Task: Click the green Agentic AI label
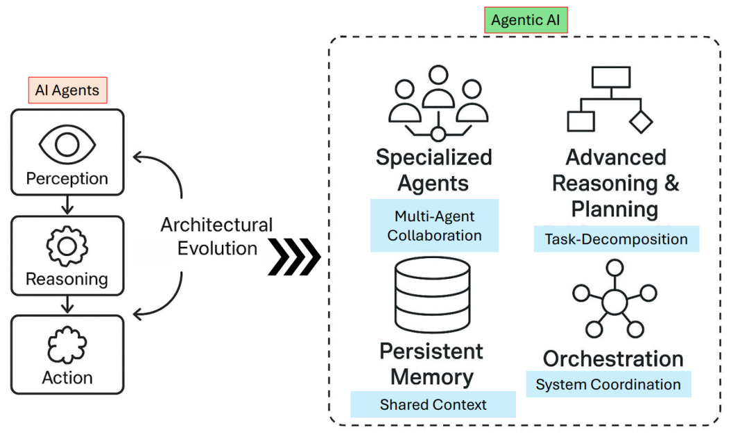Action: tap(526, 20)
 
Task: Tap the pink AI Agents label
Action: tap(67, 90)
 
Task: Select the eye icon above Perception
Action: tap(67, 144)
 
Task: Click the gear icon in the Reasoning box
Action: tap(67, 246)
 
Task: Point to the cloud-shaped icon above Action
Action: tap(67, 345)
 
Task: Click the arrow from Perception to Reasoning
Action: tap(67, 205)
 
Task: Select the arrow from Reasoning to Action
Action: tap(67, 304)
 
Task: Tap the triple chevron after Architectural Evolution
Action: tap(294, 257)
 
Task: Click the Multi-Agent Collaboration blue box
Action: tap(434, 225)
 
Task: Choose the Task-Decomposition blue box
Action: tap(617, 239)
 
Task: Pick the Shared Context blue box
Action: tap(433, 404)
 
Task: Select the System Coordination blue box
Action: tap(608, 384)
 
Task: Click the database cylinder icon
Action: tap(433, 295)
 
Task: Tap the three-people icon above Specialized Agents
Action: tap(438, 103)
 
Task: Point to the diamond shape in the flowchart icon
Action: tap(641, 121)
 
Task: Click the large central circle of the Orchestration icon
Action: tap(614, 302)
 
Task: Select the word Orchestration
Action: tap(613, 359)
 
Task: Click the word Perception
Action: tap(67, 179)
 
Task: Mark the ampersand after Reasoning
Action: tap(671, 183)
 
